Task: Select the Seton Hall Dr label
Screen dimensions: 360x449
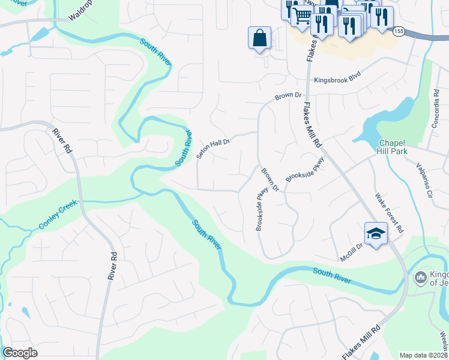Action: click(x=213, y=146)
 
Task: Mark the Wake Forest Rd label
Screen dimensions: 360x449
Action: click(x=388, y=214)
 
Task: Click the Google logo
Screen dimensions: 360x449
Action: click(x=20, y=353)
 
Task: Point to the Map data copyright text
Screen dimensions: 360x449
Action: click(x=423, y=355)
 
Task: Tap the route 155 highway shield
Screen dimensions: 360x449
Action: click(x=399, y=30)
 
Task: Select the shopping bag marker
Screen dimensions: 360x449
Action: click(x=259, y=38)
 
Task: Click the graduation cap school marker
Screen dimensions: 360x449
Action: click(x=376, y=233)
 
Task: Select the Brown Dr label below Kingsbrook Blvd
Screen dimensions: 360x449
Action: click(x=288, y=95)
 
